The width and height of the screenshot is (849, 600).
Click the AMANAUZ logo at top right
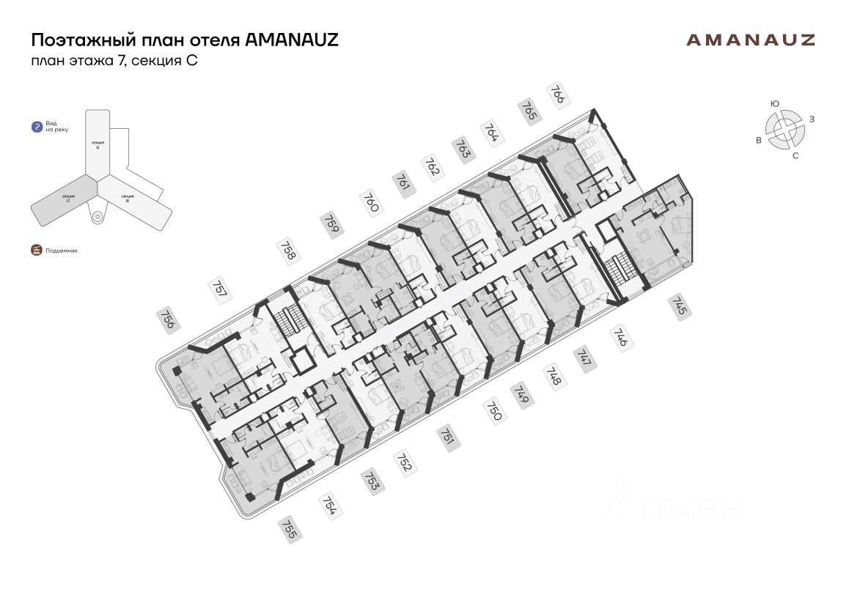[x=750, y=40]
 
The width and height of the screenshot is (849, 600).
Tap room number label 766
[x=559, y=95]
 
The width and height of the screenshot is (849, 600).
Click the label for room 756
[x=168, y=320]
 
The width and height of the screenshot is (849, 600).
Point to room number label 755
[x=288, y=528]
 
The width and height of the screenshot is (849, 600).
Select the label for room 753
[x=372, y=481]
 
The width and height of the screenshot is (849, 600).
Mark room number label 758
[x=288, y=250]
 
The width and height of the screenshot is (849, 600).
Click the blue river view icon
[x=36, y=127]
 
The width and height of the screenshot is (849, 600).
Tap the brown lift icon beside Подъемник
[x=36, y=250]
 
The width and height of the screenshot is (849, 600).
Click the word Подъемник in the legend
[x=61, y=251]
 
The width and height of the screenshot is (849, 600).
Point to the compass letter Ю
[x=774, y=104]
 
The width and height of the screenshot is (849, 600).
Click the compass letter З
[x=812, y=118]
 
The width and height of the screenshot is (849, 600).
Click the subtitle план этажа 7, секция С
[x=114, y=61]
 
